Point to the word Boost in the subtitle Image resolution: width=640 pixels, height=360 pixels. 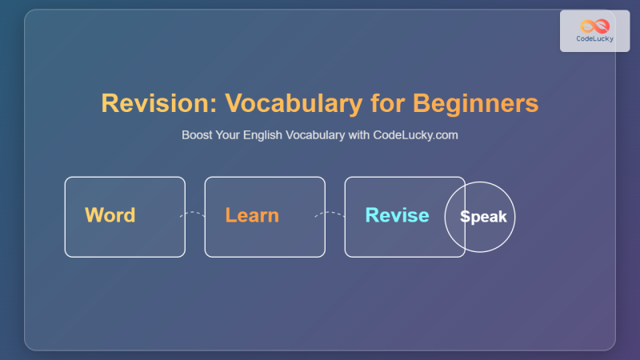coord(197,135)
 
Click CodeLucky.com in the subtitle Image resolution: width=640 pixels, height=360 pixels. coord(415,135)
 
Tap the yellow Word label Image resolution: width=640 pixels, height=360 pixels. coord(110,215)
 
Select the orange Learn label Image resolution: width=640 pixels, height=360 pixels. coord(252,215)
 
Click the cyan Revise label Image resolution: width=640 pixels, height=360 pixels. coord(397,215)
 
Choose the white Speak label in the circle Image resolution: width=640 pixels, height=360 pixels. coord(483,217)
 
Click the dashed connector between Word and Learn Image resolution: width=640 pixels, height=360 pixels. coord(194,214)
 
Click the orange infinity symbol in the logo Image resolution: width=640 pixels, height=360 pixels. coord(594,26)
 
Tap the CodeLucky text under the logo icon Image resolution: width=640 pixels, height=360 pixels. coord(594,38)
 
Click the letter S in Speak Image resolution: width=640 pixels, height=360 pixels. coord(464,217)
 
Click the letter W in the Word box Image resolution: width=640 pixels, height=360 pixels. coord(93,215)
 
